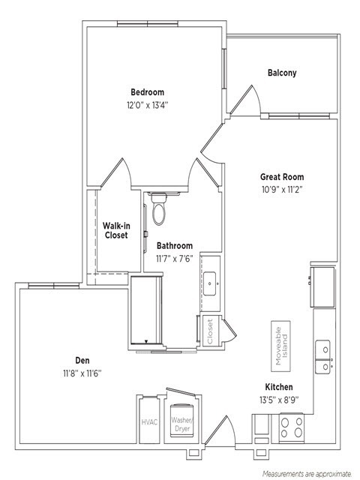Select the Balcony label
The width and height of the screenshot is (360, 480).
(282, 73)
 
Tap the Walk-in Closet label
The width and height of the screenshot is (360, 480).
(115, 229)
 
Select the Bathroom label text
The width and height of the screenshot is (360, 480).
(174, 245)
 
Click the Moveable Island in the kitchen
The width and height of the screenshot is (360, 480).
(283, 345)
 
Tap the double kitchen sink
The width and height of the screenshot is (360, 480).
(325, 357)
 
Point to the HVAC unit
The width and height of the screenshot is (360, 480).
(149, 421)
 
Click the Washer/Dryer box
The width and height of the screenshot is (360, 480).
(181, 424)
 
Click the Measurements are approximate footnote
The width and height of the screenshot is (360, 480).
(306, 474)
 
